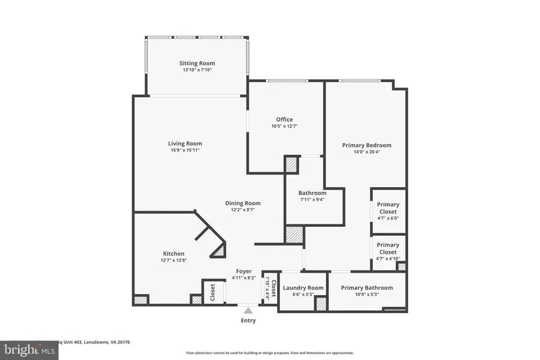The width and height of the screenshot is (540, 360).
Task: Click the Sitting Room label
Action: [197, 63]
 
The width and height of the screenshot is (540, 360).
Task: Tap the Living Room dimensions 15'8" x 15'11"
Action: [185, 150]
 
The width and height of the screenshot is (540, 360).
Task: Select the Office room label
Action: [284, 119]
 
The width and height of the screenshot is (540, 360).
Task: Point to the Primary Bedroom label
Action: [367, 145]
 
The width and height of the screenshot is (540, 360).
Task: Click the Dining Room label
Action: [242, 203]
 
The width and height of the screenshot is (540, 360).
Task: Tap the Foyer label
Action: [244, 271]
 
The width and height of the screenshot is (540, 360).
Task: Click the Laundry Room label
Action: [303, 288]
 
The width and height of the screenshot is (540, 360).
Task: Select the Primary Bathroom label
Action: [367, 288]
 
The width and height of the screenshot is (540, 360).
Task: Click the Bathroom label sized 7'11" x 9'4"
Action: [312, 193]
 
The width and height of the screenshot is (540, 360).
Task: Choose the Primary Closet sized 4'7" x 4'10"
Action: [388, 248]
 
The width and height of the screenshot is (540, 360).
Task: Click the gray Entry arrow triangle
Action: [248, 310]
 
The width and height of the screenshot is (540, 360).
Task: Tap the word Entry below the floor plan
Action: [248, 320]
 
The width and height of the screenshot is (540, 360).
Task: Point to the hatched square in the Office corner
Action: [292, 165]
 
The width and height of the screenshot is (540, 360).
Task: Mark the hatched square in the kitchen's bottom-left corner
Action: [141, 299]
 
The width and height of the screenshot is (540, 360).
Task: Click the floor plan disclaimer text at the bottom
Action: [269, 353]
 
